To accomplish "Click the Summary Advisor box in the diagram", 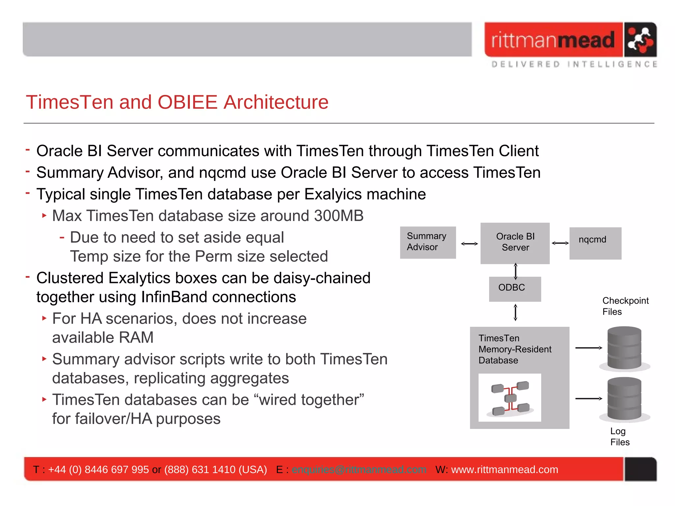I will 428,242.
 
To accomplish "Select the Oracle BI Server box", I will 515,243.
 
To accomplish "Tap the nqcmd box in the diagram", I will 595,243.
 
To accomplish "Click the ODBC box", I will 514,289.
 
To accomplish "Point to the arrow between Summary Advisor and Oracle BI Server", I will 469,244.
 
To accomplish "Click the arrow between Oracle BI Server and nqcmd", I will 560,243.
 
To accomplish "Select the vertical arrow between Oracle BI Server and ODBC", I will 515,271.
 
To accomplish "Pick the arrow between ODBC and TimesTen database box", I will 515,312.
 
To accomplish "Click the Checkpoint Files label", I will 625,306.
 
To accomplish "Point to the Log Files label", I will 619,436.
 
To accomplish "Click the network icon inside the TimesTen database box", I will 510,398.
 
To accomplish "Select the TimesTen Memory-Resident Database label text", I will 514,349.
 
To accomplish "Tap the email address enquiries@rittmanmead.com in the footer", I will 359,469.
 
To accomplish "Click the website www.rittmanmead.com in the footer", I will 504,469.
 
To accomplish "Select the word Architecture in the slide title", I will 276,102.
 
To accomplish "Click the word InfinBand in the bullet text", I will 174,297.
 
